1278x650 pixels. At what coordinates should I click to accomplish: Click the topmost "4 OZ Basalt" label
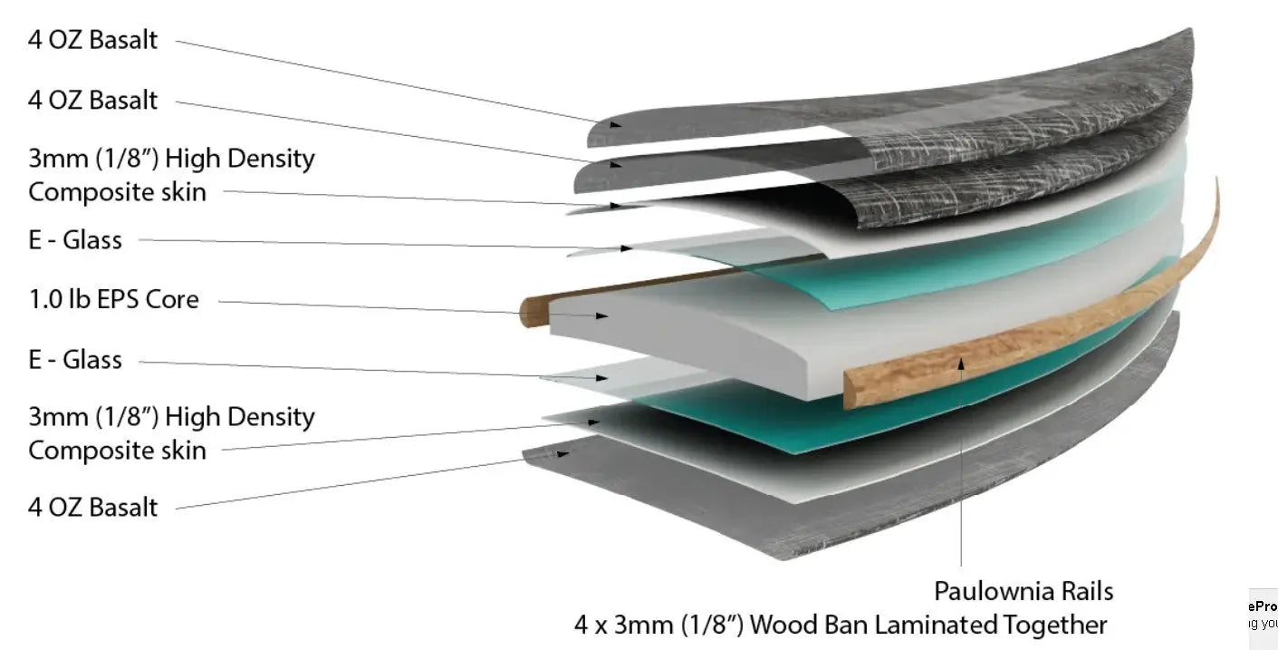(92, 40)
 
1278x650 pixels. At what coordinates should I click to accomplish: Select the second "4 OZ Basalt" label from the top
(92, 100)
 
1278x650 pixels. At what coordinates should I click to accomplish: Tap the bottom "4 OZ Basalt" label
(92, 507)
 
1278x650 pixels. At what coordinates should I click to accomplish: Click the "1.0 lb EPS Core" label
(113, 299)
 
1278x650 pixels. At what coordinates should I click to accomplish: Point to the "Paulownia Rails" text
(1023, 592)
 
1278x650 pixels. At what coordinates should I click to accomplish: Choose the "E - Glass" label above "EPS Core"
(74, 240)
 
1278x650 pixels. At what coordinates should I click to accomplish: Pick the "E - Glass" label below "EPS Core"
(74, 360)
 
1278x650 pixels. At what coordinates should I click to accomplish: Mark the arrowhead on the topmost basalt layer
(614, 122)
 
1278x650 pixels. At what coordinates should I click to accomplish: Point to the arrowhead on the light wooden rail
(962, 363)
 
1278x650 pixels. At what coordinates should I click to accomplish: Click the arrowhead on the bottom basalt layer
(563, 452)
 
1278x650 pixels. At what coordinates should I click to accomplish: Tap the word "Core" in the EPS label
(172, 299)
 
